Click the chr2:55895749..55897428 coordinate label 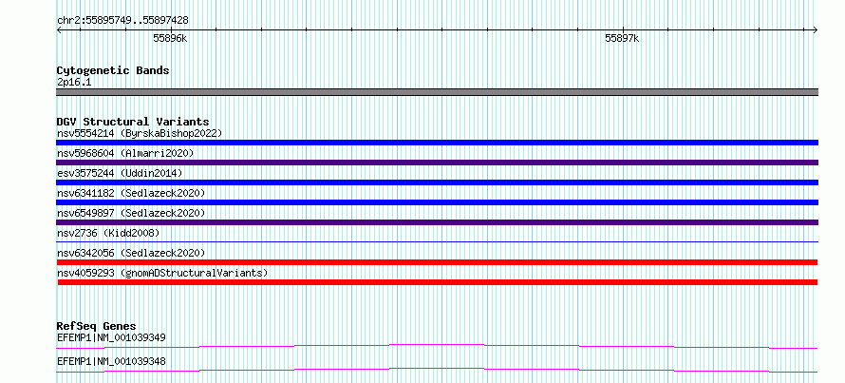[122, 20]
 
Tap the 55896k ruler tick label [170, 38]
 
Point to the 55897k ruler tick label [622, 38]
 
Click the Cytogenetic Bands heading [113, 70]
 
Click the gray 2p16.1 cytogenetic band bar [437, 92]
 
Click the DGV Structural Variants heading [133, 122]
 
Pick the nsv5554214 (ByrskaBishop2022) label [140, 133]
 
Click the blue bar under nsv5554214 [437, 143]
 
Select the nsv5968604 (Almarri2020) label [125, 153]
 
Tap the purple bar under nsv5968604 [437, 163]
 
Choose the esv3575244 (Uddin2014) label [120, 173]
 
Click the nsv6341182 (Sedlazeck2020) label [131, 193]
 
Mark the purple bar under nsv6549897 [437, 222]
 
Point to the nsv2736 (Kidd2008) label [108, 233]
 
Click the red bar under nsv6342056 [437, 262]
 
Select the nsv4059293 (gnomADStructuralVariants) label [162, 273]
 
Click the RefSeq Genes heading [97, 326]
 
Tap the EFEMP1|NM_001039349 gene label [111, 337]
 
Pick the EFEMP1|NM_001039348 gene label [111, 361]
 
